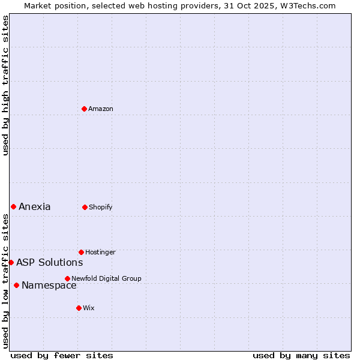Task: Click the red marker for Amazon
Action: click(x=85, y=109)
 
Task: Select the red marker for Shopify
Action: click(x=85, y=207)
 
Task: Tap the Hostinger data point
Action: click(x=81, y=252)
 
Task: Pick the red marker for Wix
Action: click(x=79, y=308)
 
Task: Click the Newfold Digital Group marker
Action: click(x=67, y=278)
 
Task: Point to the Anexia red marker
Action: click(x=13, y=206)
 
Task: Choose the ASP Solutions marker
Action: click(x=11, y=262)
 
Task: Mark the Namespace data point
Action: click(x=16, y=285)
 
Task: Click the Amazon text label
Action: click(x=101, y=109)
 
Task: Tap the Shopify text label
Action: click(x=101, y=207)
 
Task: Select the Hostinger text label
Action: click(x=100, y=252)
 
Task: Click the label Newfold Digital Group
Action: click(x=106, y=278)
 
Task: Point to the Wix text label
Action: click(x=89, y=308)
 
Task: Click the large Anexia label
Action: click(x=35, y=207)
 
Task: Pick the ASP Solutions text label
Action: click(x=49, y=262)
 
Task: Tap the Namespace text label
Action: click(x=49, y=286)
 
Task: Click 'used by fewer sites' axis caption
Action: click(x=62, y=356)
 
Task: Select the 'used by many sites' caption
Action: click(x=301, y=356)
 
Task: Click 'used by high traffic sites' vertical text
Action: click(x=5, y=85)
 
